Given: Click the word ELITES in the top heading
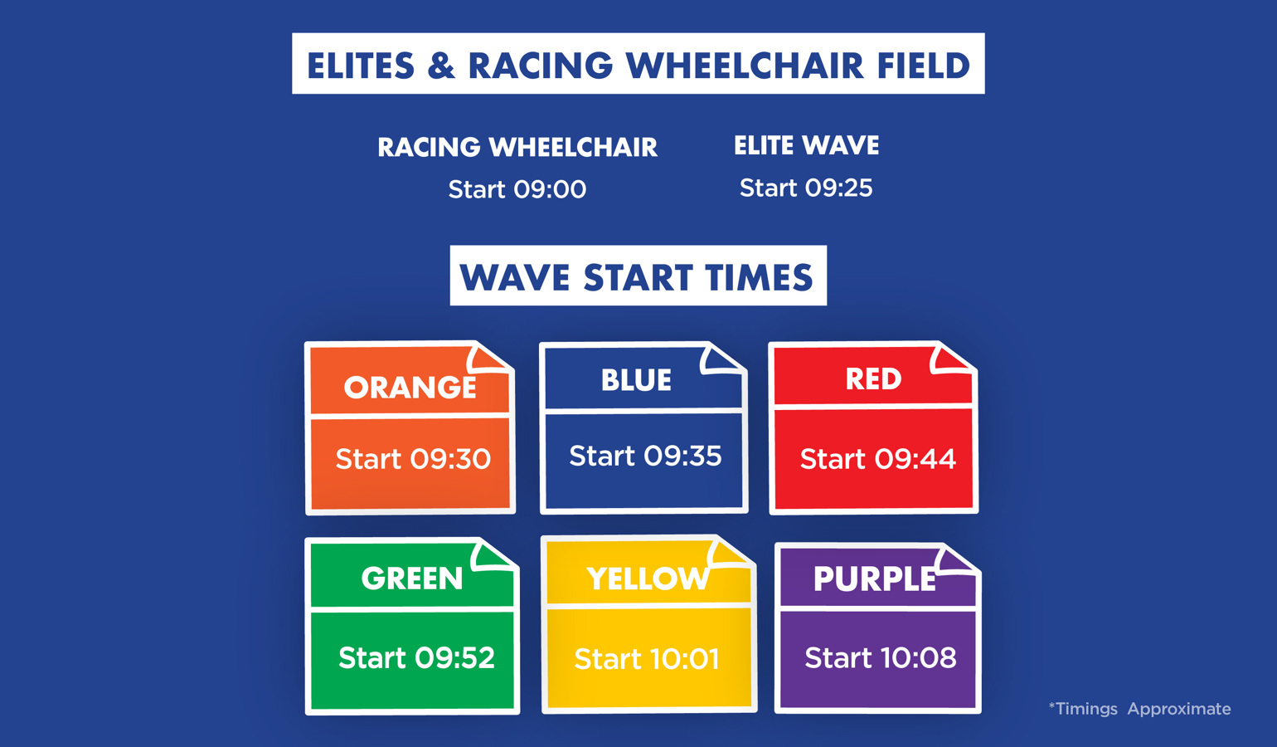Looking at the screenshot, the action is click(361, 65).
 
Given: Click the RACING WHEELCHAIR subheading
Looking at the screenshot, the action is click(517, 147).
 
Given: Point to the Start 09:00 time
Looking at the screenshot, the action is click(517, 189).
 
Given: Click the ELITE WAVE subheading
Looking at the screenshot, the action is click(807, 145).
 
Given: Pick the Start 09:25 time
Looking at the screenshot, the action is click(806, 188).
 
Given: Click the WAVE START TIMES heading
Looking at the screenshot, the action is click(636, 277).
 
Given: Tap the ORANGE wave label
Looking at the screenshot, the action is click(410, 388).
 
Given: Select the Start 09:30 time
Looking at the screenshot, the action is click(413, 459).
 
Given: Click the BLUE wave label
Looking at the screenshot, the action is click(636, 380).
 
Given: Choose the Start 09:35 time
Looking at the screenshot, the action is click(645, 456).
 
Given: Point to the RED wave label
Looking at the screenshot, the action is click(873, 379).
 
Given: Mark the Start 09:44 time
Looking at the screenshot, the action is click(878, 459).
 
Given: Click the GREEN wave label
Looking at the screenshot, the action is click(412, 579).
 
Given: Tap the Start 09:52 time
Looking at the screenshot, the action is click(417, 657).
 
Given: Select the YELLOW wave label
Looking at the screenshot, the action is click(648, 579).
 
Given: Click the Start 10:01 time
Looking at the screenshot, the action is click(647, 659).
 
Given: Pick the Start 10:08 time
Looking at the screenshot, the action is click(881, 657).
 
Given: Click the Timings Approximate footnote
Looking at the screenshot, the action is click(1140, 709).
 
